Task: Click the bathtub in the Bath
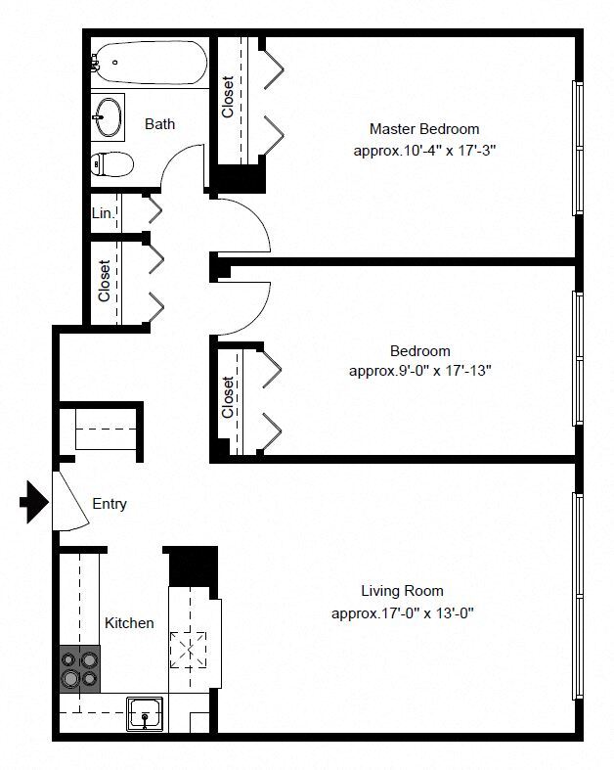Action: tap(150, 63)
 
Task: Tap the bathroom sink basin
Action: tap(108, 117)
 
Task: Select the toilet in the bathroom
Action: tap(112, 163)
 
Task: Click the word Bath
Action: tap(160, 124)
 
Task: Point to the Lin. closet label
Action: tap(103, 213)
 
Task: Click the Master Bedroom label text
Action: tap(424, 129)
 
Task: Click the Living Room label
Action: tap(403, 591)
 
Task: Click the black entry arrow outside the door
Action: tap(34, 502)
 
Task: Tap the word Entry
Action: tap(110, 504)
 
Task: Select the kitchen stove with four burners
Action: tap(79, 669)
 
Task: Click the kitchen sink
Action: tap(145, 714)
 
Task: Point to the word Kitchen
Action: tap(130, 622)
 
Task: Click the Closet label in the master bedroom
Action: tap(227, 97)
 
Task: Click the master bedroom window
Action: tap(578, 148)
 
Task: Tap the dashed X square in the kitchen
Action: tap(189, 650)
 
